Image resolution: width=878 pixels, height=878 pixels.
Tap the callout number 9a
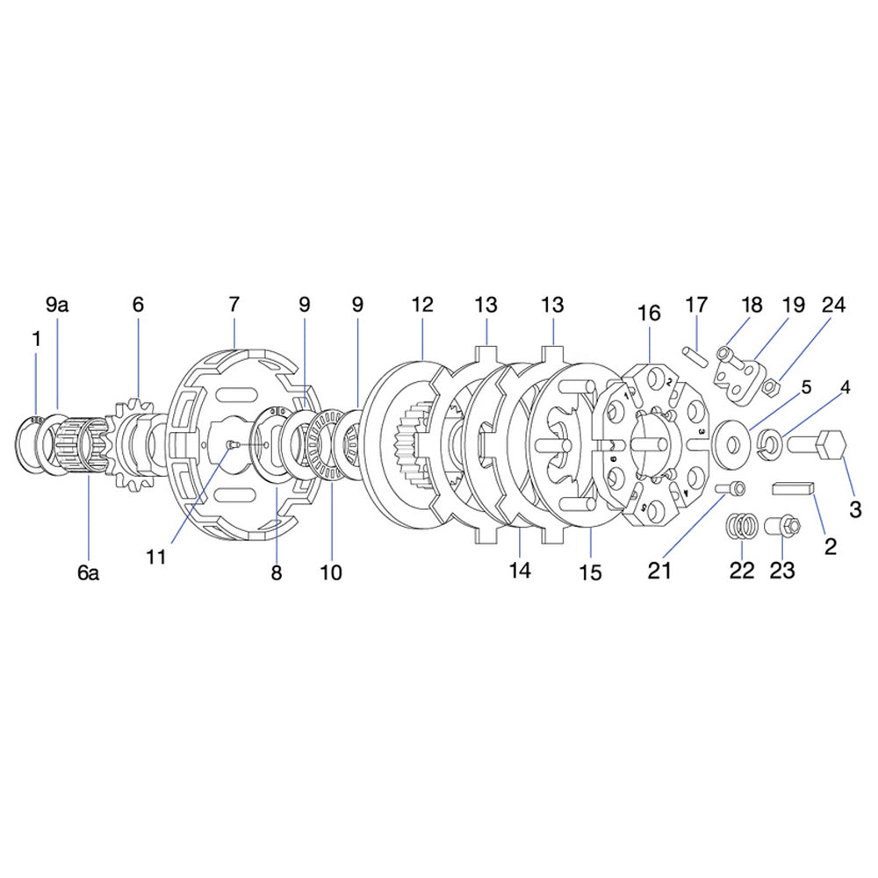(57, 305)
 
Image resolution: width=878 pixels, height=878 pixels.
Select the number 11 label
(157, 558)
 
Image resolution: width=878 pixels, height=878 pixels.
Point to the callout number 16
(650, 313)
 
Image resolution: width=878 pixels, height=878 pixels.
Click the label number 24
(833, 305)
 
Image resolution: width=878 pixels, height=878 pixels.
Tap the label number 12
(422, 305)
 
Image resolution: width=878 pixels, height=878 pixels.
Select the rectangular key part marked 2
(795, 489)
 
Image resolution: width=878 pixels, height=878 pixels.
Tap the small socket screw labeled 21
(731, 488)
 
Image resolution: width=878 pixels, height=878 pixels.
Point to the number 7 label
(234, 305)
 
